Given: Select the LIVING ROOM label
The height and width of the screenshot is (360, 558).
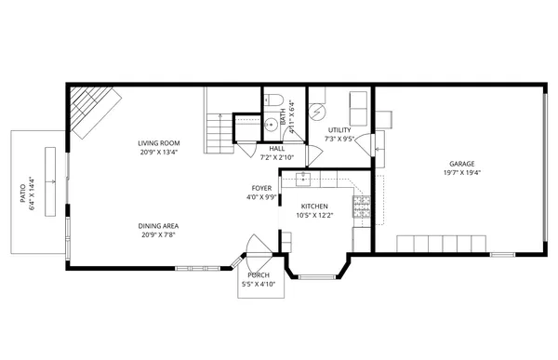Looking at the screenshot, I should point(158,143).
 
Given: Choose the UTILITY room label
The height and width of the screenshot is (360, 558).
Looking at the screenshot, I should point(339,130).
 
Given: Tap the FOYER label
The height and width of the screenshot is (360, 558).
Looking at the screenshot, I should point(261,188).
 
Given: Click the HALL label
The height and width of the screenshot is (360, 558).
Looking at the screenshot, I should point(277,149).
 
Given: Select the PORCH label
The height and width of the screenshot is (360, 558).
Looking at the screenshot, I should point(259,275).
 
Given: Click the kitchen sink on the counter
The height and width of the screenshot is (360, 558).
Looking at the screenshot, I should point(304,179).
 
